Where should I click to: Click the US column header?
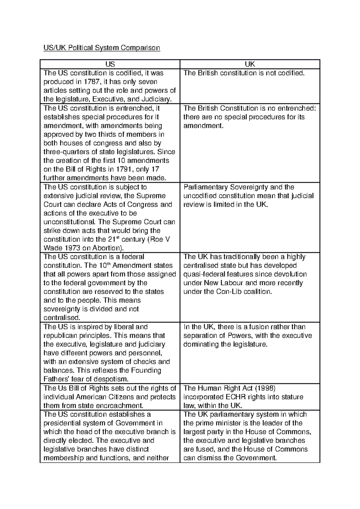[110, 64]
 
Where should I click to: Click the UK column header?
[250, 64]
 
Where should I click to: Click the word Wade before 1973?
[52, 248]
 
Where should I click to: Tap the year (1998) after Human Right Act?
[265, 388]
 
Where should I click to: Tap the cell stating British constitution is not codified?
[244, 73]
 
